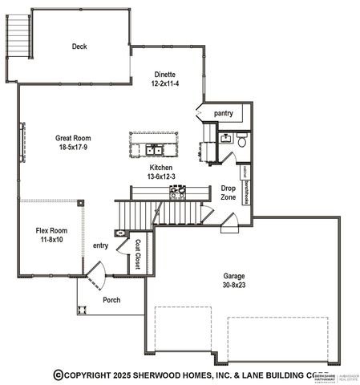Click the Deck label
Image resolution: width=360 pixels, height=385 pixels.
pyautogui.click(x=79, y=46)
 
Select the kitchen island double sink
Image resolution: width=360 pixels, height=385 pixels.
pyautogui.click(x=155, y=149)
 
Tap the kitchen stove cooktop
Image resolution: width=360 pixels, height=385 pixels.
pyautogui.click(x=177, y=193)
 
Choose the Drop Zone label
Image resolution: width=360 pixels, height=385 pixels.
pyautogui.click(x=228, y=192)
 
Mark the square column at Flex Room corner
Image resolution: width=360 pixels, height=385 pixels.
pyautogui.click(x=80, y=203)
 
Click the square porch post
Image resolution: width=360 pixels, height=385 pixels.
pyautogui.click(x=78, y=311)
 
